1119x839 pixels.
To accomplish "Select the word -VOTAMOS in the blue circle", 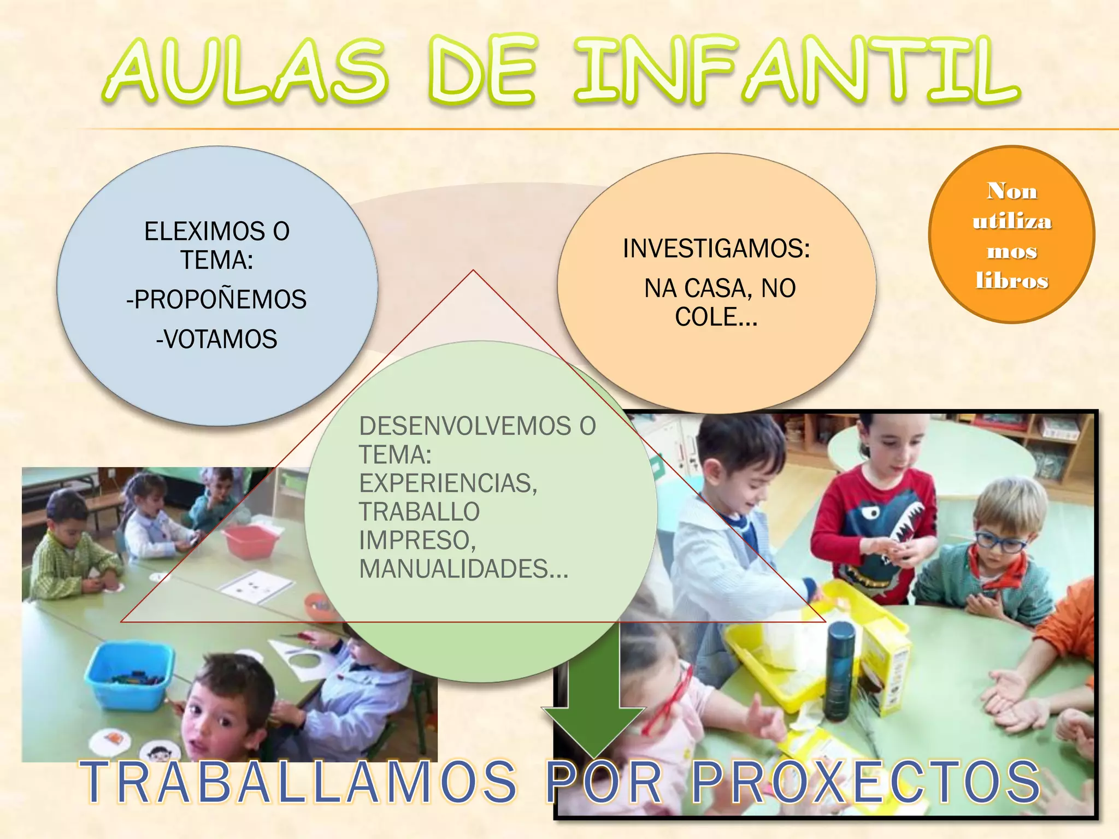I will click(x=217, y=339).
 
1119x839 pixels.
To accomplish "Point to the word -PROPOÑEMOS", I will click(x=217, y=299).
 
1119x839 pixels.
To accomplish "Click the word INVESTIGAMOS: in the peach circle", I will click(x=716, y=249).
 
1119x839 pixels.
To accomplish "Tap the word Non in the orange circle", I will click(x=1012, y=191).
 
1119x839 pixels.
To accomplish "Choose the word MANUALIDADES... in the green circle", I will click(x=463, y=569).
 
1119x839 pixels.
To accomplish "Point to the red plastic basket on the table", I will click(x=251, y=541).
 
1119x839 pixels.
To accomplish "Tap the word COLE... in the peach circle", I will click(x=716, y=317).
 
